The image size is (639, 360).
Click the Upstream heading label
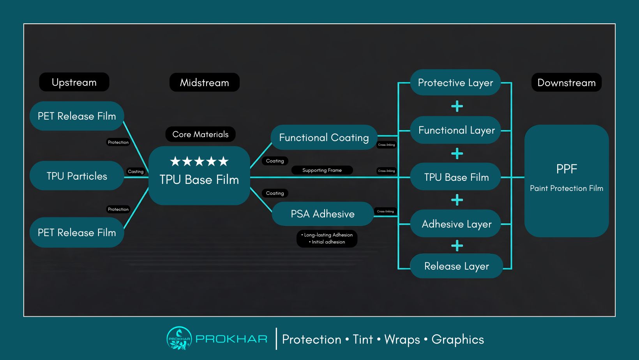[x=74, y=82]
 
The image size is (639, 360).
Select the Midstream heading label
[x=204, y=83]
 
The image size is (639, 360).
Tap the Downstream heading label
[x=566, y=83]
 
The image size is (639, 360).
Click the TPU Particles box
[x=77, y=176]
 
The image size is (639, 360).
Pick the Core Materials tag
[x=200, y=134]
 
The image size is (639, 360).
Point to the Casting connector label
[x=136, y=171]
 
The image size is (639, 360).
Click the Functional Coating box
[x=324, y=138]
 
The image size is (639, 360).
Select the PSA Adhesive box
[x=323, y=214]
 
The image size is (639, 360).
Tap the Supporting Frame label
[x=322, y=170]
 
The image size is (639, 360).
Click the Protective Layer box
[x=455, y=83]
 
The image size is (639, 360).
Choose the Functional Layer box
[x=456, y=130]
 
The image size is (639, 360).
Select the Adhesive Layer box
[x=456, y=224]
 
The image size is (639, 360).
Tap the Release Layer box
[x=456, y=266]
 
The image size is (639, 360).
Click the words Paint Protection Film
[x=566, y=188]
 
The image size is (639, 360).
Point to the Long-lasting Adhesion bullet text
[x=328, y=235]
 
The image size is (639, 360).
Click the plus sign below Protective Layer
[x=457, y=106]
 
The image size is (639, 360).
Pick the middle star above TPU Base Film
[x=199, y=161]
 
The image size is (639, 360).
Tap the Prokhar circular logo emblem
[x=179, y=339]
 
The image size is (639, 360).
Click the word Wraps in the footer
[x=402, y=339]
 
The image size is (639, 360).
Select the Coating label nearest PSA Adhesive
[x=275, y=193]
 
